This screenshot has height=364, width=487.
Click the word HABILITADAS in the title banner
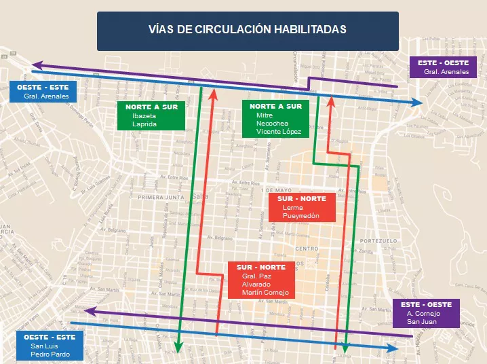coord(310,29)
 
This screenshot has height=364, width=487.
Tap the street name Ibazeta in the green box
coord(144,116)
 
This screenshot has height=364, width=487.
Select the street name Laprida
coord(144,125)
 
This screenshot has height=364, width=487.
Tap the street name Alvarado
coord(255,285)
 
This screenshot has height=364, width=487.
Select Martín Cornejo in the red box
coord(265,293)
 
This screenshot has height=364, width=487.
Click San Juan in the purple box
coord(421,322)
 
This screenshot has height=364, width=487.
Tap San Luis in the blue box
coord(43,346)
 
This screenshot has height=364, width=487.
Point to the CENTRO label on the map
coord(307,249)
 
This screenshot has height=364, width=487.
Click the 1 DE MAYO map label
coord(274,189)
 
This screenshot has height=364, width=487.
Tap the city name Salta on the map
coord(201,196)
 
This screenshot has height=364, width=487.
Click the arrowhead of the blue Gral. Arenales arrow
coord(418,103)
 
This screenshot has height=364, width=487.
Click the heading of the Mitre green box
coord(275,107)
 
